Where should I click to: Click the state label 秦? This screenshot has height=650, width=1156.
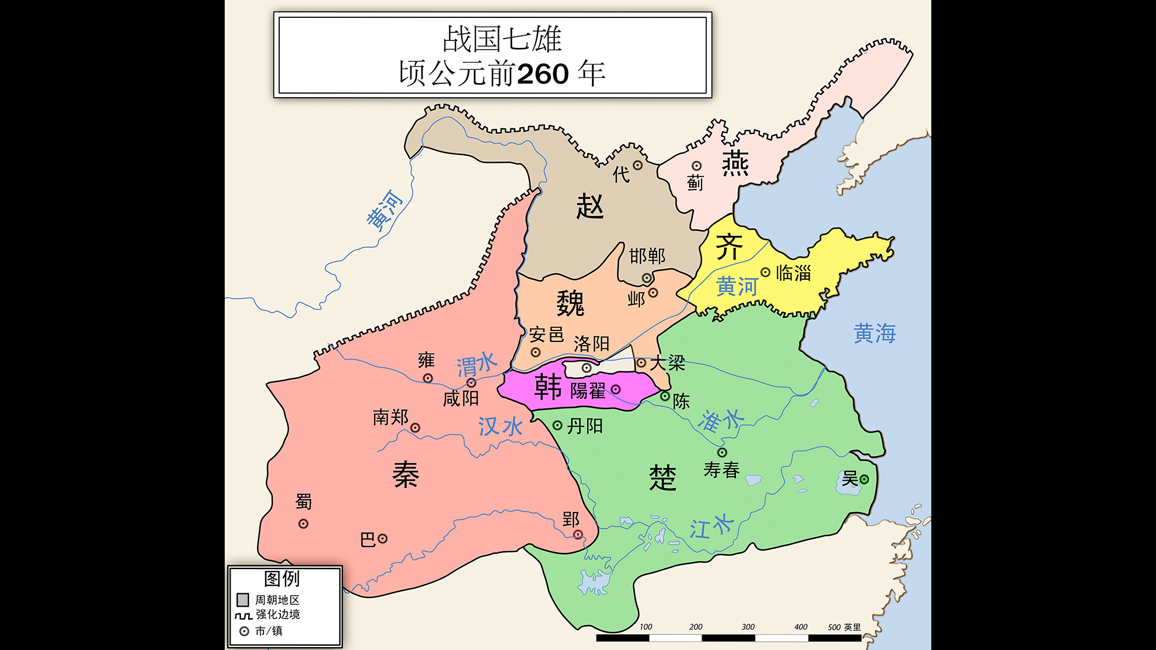tap(405, 475)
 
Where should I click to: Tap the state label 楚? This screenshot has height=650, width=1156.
tap(662, 477)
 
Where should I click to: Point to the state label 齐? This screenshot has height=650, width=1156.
tap(729, 247)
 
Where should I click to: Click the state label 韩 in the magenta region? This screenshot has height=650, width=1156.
tap(548, 387)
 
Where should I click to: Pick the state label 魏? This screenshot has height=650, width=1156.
tap(570, 303)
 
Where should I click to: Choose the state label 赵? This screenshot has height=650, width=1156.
tap(590, 206)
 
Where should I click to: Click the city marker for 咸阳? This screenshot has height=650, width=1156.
tap(472, 382)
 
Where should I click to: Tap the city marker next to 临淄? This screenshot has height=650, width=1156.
tap(765, 272)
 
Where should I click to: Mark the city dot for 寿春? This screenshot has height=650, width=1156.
tap(722, 452)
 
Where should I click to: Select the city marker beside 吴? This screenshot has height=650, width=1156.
tap(864, 479)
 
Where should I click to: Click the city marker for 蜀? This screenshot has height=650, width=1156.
tap(303, 524)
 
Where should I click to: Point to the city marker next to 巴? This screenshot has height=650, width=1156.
tap(383, 538)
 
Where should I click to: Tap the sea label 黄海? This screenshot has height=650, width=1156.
tap(875, 333)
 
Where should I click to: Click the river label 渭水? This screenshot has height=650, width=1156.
tap(477, 365)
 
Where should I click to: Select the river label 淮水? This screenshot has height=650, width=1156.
tap(720, 420)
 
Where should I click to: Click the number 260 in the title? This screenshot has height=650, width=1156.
tap(543, 74)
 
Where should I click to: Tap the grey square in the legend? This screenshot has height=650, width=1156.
tap(243, 600)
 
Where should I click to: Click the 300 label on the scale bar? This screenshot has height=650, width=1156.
tap(748, 627)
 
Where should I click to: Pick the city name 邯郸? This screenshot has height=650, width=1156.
tap(647, 256)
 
